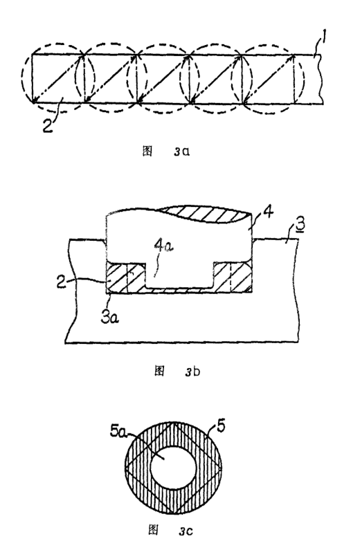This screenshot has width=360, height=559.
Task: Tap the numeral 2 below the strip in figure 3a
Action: (x=48, y=125)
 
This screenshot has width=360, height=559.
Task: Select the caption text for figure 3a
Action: (x=166, y=151)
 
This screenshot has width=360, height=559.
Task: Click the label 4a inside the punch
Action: (x=163, y=246)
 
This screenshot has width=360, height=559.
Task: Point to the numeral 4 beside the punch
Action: (x=268, y=213)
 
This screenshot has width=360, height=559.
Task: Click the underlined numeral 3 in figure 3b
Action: (x=300, y=226)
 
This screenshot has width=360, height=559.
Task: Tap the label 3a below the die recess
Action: (x=109, y=317)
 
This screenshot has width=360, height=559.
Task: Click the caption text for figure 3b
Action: (x=177, y=371)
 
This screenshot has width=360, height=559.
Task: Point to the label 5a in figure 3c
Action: (x=118, y=432)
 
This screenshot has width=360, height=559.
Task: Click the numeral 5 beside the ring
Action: (x=221, y=426)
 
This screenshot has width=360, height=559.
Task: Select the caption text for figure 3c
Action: (x=170, y=530)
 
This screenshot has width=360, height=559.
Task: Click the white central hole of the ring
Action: (x=173, y=467)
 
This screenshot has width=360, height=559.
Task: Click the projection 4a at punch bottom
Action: (x=179, y=275)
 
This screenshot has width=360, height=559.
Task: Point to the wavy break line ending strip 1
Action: (x=321, y=79)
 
